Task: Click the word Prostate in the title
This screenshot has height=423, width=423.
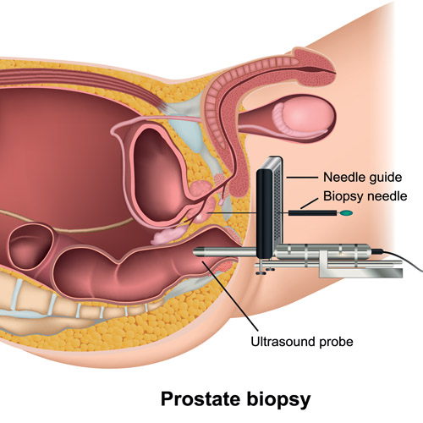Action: point(201,398)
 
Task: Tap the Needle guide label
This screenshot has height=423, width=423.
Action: point(363,178)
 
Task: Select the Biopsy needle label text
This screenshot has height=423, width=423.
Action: point(365,196)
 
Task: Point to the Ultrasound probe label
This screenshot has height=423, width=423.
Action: point(302,342)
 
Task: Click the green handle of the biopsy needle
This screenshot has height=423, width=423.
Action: point(346,213)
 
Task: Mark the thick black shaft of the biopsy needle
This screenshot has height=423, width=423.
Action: point(312,213)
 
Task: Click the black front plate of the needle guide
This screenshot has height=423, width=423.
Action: point(265,213)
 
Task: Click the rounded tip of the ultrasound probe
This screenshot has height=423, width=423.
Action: point(196,251)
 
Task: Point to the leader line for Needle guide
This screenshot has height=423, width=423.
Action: point(302,178)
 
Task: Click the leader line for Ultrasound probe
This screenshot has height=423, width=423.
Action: point(230,296)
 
